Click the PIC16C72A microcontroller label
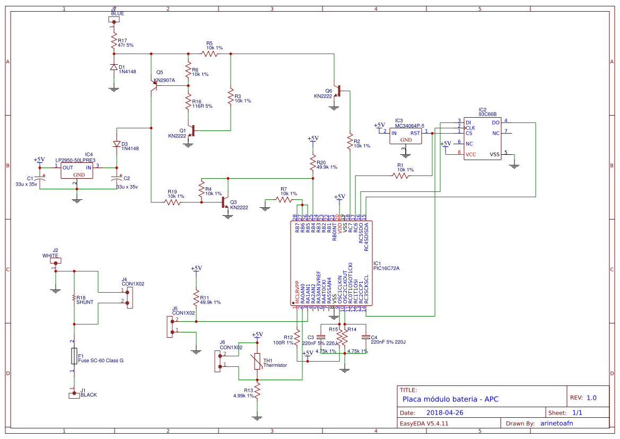[x=386, y=268]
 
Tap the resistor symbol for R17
[x=113, y=40]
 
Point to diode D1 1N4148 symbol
[x=113, y=67]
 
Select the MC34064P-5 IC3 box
[x=406, y=136]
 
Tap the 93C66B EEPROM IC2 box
[x=482, y=138]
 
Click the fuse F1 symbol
[x=74, y=356]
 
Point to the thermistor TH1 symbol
[x=257, y=362]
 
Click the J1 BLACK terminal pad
[x=74, y=395]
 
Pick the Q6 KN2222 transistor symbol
[x=337, y=93]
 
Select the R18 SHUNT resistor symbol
[x=74, y=298]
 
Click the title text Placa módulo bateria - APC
[x=450, y=399]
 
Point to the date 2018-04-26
[x=445, y=412]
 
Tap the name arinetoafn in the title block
[x=556, y=423]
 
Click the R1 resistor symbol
[x=401, y=176]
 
